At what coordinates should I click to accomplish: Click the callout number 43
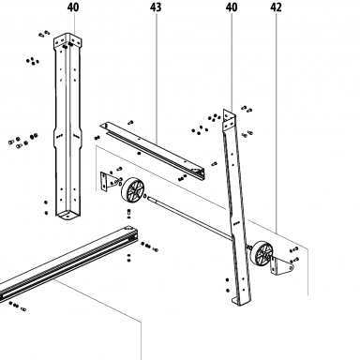(x=156, y=7)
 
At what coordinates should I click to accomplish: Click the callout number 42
(x=276, y=7)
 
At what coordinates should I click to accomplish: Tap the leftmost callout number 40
(x=73, y=7)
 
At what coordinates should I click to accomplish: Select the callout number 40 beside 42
(x=232, y=7)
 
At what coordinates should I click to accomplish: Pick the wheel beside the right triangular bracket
(x=262, y=253)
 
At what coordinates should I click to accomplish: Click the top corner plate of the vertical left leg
(x=67, y=40)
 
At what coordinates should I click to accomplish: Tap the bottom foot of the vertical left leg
(x=67, y=215)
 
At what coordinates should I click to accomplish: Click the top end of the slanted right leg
(x=229, y=119)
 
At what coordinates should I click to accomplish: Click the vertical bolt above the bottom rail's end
(x=128, y=214)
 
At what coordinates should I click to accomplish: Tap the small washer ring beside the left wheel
(x=145, y=196)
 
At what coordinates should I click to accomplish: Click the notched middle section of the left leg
(x=67, y=136)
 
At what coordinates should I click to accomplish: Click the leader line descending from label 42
(x=277, y=123)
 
